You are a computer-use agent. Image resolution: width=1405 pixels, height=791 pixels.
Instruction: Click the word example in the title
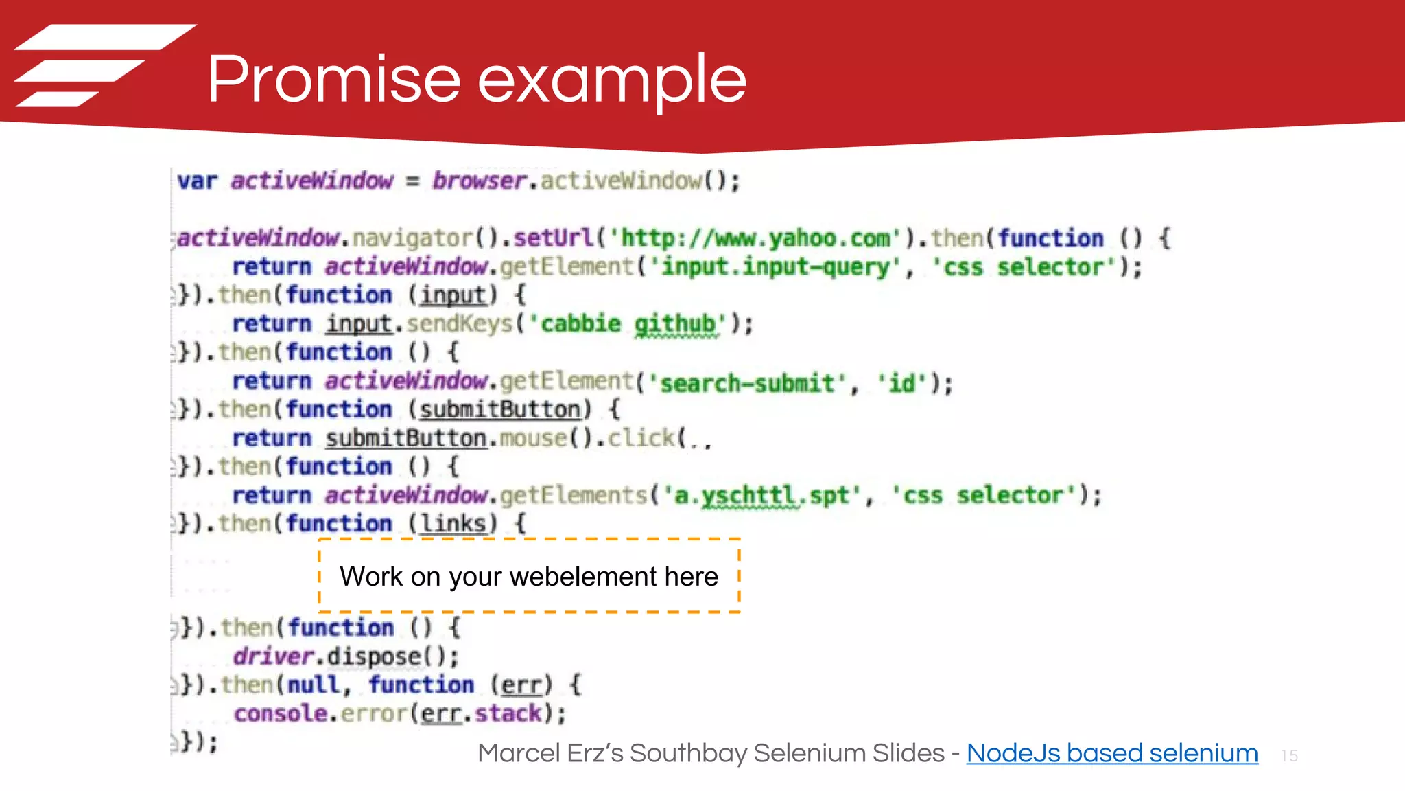click(x=611, y=81)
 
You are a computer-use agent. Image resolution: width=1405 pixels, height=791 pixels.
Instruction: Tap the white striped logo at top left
click(x=103, y=65)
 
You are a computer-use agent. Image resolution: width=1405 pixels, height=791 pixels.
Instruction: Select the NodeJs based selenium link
click(x=1112, y=753)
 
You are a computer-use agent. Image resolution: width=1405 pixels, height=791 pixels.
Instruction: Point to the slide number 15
click(x=1289, y=756)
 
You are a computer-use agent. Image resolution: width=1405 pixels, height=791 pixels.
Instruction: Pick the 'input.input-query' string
click(x=775, y=266)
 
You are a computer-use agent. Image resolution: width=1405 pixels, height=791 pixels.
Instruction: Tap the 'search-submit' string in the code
click(x=747, y=382)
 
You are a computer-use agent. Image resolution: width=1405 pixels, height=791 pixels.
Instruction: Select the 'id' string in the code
click(x=902, y=382)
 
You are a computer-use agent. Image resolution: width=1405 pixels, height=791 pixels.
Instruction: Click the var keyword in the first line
click(x=197, y=181)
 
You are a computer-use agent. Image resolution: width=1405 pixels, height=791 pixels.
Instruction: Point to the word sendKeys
click(x=459, y=323)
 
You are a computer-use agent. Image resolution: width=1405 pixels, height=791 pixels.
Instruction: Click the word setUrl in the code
click(x=553, y=238)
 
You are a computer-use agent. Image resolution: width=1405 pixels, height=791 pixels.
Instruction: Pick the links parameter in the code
click(x=453, y=524)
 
